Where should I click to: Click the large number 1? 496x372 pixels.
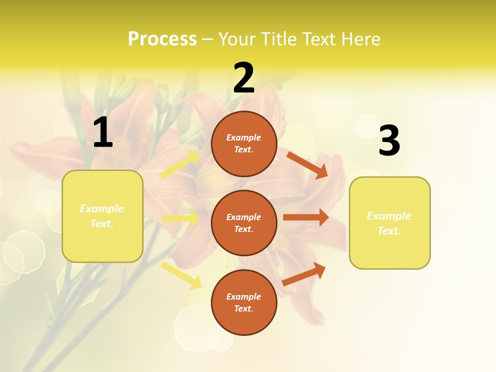103,132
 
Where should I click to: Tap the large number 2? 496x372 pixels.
244,78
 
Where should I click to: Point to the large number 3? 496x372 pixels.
389,141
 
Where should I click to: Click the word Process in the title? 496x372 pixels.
162,39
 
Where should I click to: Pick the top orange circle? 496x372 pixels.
244,144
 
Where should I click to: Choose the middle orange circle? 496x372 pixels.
244,223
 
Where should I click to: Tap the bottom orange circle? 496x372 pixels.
244,302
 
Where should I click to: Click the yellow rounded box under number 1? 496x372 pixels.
102,216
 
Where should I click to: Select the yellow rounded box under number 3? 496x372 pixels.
390,223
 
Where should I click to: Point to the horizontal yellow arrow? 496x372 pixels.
181,219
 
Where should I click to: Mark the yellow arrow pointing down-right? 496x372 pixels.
181,275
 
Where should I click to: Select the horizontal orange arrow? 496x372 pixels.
306,218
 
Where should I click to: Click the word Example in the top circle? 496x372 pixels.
244,137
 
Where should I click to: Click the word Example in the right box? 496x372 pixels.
389,216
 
